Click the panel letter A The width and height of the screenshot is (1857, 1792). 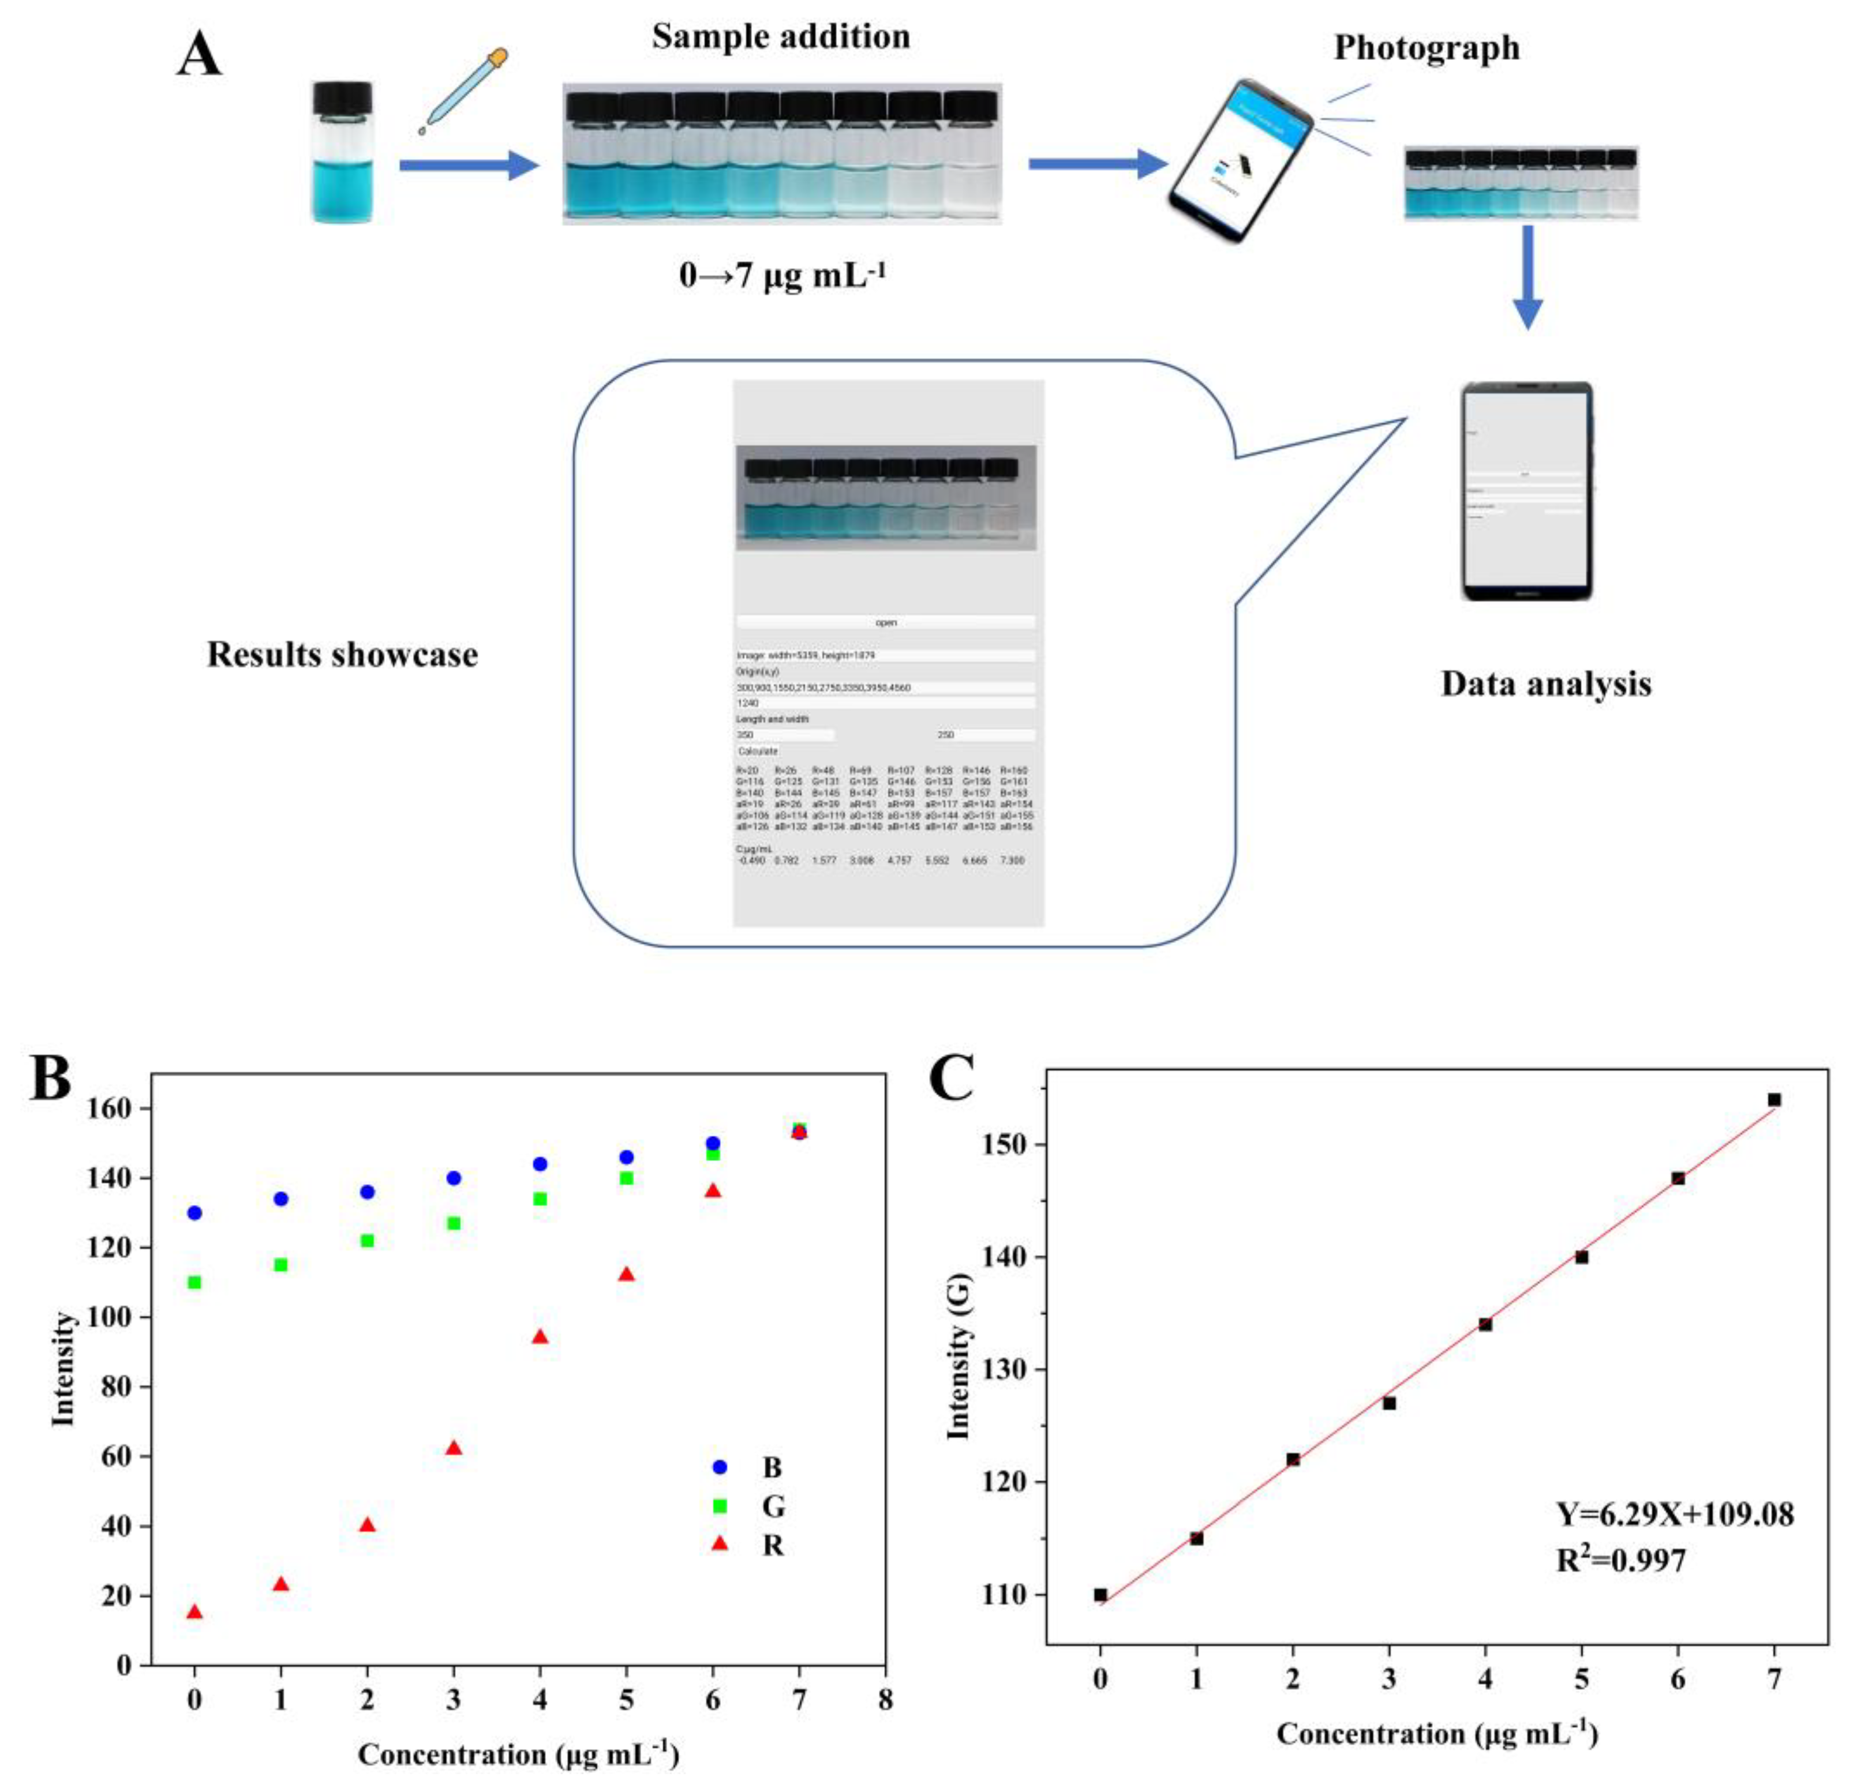199,55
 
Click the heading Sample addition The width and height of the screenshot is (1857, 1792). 781,37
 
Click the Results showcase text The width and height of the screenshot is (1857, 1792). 342,655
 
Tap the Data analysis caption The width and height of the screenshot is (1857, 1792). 1545,684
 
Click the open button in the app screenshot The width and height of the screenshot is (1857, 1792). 886,622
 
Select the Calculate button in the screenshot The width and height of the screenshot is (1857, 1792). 758,751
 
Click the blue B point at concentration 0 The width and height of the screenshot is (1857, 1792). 194,1212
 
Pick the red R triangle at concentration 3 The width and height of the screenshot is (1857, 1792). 454,1448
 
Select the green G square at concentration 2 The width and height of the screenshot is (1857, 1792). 368,1241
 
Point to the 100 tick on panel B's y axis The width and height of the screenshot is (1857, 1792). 118,1317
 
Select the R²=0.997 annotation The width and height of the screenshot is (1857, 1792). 1621,1560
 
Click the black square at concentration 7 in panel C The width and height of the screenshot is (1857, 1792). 1774,1100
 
